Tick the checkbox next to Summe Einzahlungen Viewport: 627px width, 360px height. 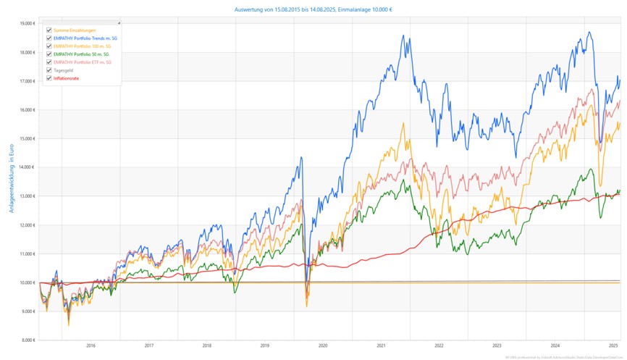click(49, 30)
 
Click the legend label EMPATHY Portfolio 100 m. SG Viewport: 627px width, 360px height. click(83, 46)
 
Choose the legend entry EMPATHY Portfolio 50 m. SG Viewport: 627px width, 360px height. click(81, 54)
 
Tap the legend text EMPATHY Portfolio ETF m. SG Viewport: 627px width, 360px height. click(83, 62)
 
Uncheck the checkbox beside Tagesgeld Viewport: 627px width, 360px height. click(49, 70)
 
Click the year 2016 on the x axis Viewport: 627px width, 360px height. click(91, 346)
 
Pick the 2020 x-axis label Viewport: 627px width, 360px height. click(323, 346)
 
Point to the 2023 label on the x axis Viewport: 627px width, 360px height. click(497, 346)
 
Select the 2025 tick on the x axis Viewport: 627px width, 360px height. click(613, 346)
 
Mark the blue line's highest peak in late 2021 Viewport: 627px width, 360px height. click(401, 35)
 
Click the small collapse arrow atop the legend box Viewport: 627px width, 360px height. click(119, 23)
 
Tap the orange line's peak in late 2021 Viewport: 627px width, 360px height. click(403, 123)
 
